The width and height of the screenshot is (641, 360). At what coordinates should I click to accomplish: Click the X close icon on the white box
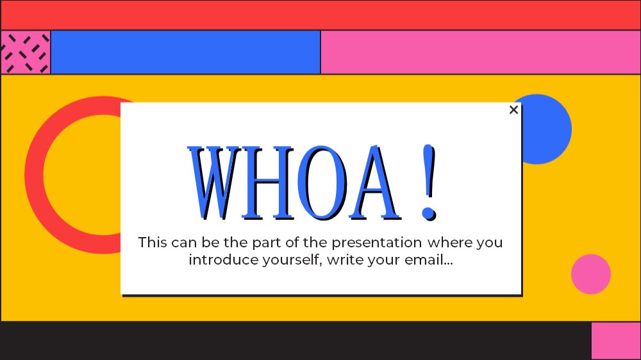click(x=514, y=110)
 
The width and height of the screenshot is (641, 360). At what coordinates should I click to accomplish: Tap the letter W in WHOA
click(x=212, y=183)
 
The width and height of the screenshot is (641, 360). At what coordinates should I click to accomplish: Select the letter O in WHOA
click(x=322, y=183)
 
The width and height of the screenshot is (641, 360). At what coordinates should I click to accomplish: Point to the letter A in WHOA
click(x=375, y=183)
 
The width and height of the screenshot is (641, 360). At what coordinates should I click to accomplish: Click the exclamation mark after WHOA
click(x=429, y=183)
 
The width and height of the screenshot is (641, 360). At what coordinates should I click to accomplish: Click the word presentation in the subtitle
click(x=376, y=243)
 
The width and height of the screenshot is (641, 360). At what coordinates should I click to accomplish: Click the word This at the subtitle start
click(x=153, y=242)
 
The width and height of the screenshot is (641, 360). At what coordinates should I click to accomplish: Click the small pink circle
click(x=591, y=274)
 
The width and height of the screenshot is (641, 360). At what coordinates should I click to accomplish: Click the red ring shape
click(x=33, y=175)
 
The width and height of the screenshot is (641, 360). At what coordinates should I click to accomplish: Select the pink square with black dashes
click(x=26, y=53)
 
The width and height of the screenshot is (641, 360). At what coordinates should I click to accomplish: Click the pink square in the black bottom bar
click(x=615, y=341)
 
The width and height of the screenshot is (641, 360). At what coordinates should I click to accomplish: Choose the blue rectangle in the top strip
click(x=186, y=53)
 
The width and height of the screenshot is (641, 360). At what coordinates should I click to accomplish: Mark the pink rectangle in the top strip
click(x=481, y=53)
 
